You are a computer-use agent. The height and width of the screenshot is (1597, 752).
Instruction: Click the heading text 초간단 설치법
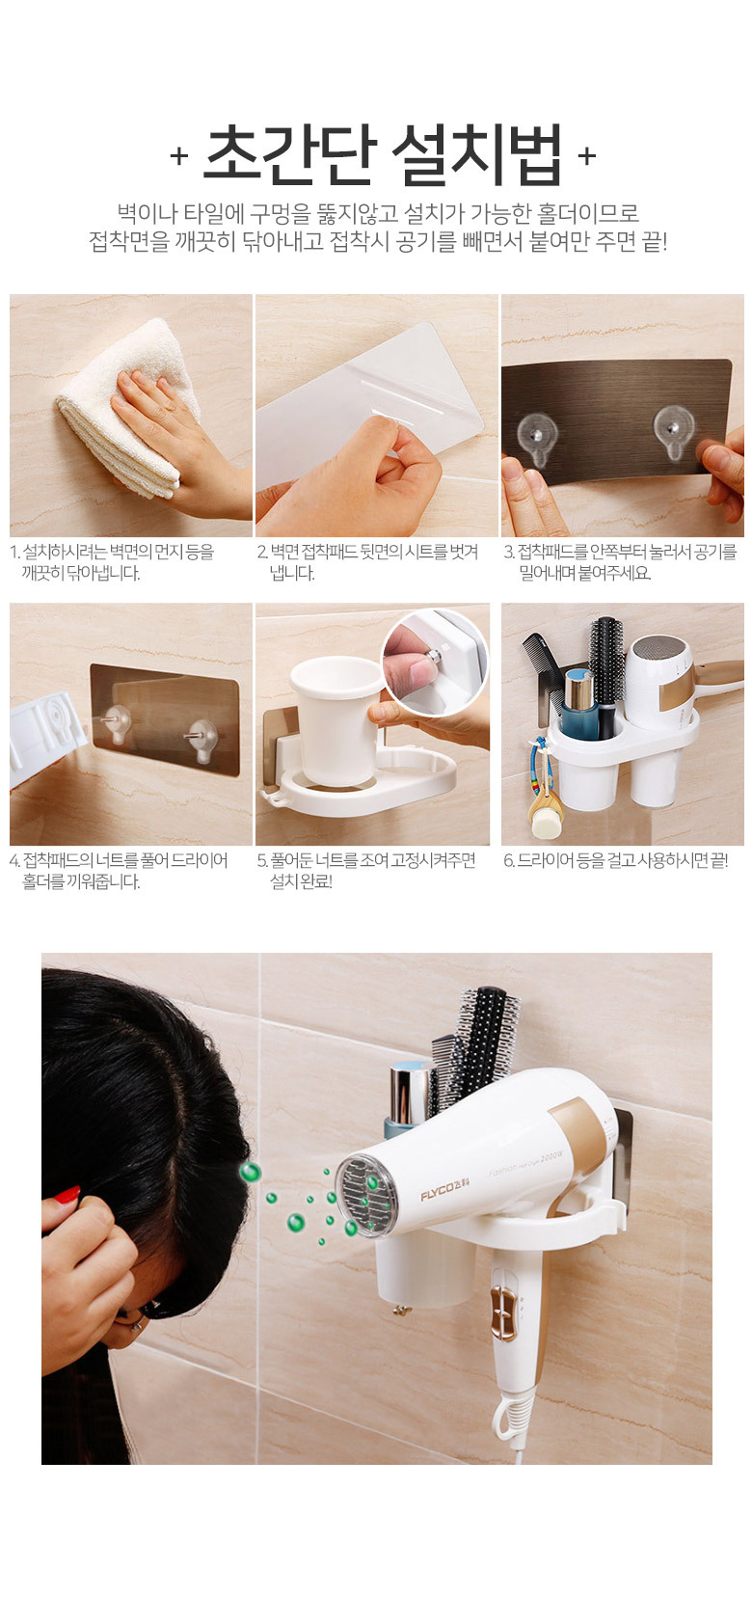383,154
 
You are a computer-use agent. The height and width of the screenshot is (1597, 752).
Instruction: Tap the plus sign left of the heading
179,155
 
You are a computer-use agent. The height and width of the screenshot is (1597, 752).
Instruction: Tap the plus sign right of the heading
586,155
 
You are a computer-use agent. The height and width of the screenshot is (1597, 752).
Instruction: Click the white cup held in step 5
335,720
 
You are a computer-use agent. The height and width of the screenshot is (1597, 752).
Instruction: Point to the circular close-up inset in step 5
435,662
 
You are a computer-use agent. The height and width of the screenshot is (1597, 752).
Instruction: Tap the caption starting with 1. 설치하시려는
112,562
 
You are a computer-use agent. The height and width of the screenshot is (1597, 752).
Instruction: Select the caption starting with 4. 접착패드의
119,871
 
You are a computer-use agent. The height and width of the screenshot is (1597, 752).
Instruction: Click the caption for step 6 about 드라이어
616,860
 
